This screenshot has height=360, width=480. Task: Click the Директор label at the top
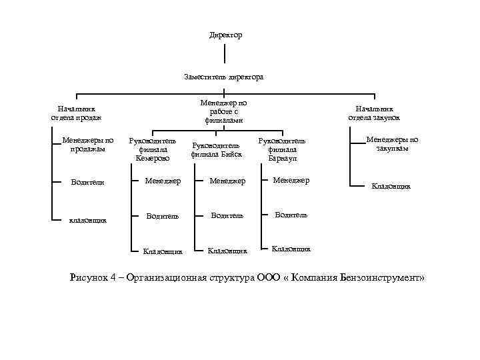click(225, 35)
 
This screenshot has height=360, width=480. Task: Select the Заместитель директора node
click(224, 77)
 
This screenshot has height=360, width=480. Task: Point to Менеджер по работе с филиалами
click(224, 111)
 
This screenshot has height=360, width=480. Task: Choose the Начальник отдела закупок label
click(374, 113)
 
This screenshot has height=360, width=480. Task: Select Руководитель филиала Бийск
click(216, 149)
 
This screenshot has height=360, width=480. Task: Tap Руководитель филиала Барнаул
click(281, 150)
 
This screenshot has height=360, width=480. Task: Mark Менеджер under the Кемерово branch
click(163, 181)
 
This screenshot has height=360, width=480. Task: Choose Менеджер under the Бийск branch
click(227, 181)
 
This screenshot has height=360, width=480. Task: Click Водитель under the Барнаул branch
click(291, 215)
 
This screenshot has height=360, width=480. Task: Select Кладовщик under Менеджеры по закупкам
click(391, 187)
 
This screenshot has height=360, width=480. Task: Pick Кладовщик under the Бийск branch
click(227, 251)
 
